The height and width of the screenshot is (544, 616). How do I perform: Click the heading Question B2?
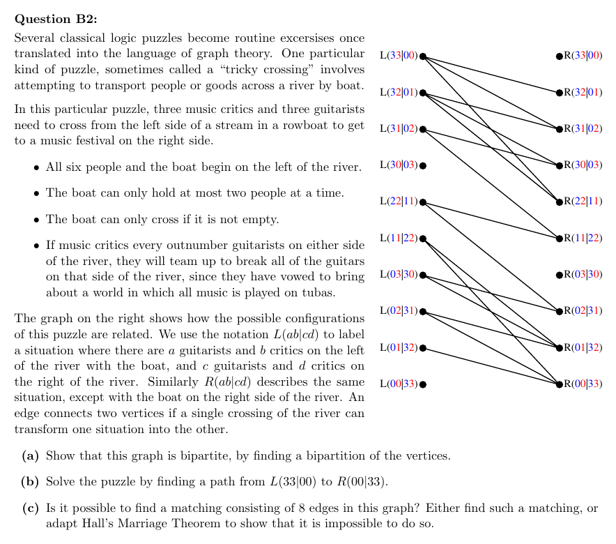click(x=55, y=19)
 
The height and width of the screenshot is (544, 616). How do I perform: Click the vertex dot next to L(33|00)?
click(x=423, y=56)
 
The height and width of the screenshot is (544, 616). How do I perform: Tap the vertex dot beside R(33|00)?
click(x=560, y=56)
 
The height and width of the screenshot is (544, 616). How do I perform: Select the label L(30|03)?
click(x=399, y=165)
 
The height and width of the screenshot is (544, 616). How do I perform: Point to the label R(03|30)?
click(x=583, y=274)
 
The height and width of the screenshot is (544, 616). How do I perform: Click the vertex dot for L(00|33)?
click(x=423, y=384)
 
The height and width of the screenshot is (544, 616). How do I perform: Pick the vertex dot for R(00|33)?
click(x=560, y=384)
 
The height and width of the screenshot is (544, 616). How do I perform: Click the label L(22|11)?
click(x=399, y=202)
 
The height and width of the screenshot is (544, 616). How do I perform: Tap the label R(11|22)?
click(x=583, y=238)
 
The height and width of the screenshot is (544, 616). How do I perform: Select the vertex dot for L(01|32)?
click(x=423, y=348)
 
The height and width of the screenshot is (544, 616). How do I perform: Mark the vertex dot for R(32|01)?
click(x=560, y=93)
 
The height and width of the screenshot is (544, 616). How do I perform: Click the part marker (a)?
click(x=30, y=455)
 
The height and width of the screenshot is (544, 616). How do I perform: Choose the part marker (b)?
click(x=30, y=481)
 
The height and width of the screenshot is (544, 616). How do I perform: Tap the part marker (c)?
click(x=30, y=508)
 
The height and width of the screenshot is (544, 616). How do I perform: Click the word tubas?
click(x=318, y=292)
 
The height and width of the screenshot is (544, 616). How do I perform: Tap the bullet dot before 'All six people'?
click(x=36, y=168)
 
